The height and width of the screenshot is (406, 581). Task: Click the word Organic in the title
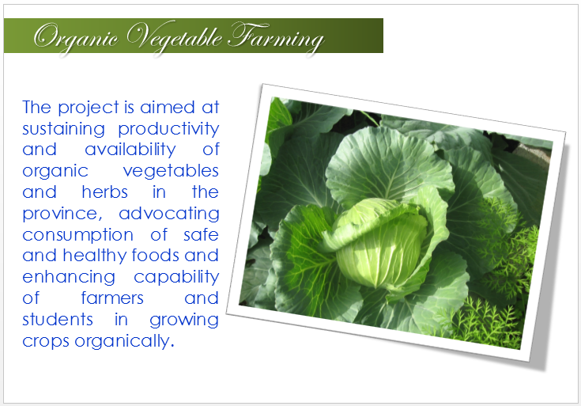pos(77,38)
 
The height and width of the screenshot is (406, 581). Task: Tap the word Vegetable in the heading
pos(175,37)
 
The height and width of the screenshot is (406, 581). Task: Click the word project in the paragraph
pos(89,108)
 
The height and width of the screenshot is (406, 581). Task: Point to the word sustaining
pos(64,130)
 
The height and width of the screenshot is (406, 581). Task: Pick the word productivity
pos(168,130)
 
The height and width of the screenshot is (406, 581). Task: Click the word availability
pos(130,150)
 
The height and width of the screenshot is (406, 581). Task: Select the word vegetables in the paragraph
pos(171,172)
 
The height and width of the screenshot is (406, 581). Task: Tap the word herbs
pos(105,192)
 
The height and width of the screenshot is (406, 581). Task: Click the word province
pos(62,214)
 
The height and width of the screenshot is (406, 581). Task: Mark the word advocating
pos(169,214)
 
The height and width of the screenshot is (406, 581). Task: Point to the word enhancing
pos(69,278)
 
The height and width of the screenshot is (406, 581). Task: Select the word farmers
pos(112,298)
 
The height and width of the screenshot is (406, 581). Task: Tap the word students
pos(58,320)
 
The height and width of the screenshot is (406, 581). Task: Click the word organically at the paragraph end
pos(124,341)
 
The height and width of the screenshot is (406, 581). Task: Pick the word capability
pos(176,278)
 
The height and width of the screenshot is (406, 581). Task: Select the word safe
pos(202,235)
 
